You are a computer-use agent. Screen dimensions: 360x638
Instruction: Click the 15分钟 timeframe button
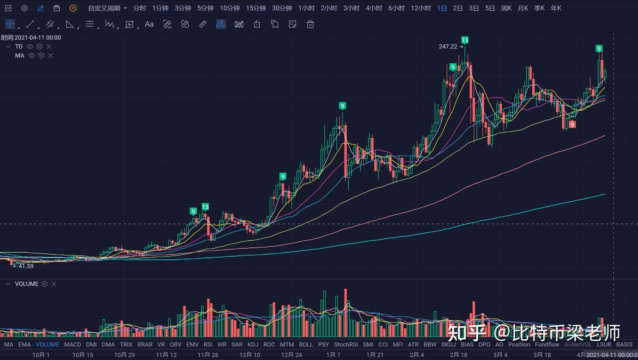tap(256, 8)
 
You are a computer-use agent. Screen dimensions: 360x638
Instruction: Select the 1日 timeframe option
tap(442, 8)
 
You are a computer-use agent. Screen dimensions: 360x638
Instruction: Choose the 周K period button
tap(506, 8)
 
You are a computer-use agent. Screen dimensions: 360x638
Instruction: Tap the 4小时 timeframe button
tap(374, 8)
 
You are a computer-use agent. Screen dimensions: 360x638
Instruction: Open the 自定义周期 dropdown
tap(107, 8)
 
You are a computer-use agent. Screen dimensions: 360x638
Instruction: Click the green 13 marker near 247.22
tap(465, 40)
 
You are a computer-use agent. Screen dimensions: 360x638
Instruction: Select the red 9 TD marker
tap(572, 125)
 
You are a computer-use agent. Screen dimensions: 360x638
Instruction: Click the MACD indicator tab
tap(72, 344)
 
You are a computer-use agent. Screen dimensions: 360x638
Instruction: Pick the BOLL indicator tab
tap(306, 344)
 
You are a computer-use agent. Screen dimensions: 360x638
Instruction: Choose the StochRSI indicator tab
tap(346, 344)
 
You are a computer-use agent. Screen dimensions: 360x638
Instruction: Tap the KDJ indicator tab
tap(253, 344)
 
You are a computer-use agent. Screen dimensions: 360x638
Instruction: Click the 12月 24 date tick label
tap(292, 354)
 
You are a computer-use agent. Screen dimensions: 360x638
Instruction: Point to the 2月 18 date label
tap(459, 354)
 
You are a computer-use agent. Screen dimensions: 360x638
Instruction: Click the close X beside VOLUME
tap(54, 284)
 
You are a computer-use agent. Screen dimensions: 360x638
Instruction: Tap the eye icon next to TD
tap(30, 47)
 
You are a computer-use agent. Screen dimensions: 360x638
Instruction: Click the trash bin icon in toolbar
tap(311, 24)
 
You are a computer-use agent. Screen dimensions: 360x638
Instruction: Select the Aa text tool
tap(149, 24)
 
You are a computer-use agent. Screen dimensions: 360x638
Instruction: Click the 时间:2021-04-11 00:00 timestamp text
tap(31, 37)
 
